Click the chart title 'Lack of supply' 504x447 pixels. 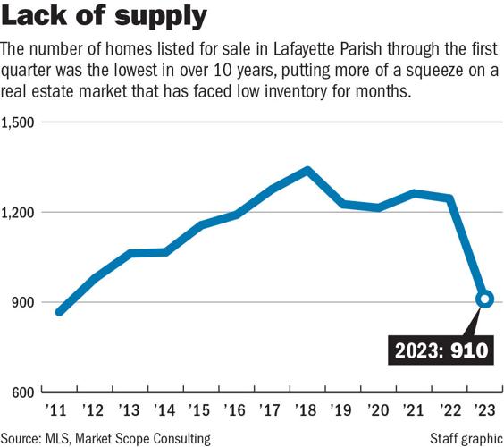click(106, 18)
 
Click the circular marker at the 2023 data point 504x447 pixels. click(484, 299)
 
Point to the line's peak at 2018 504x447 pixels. click(307, 170)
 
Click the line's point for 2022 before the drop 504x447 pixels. click(449, 198)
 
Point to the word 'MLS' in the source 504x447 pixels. click(63, 438)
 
